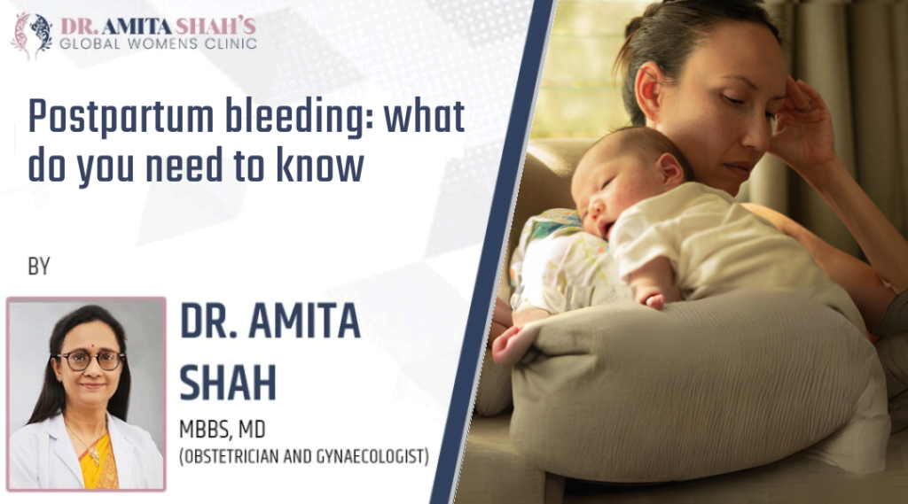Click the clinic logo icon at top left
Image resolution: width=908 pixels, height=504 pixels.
click(x=30, y=35)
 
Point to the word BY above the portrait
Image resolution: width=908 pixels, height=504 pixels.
click(x=38, y=266)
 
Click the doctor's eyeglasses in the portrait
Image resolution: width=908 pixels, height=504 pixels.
click(x=89, y=360)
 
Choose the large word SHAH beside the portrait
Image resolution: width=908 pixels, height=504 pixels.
click(x=228, y=381)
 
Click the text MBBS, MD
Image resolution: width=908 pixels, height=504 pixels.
click(x=223, y=430)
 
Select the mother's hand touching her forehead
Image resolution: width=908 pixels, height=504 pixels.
click(x=802, y=124)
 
